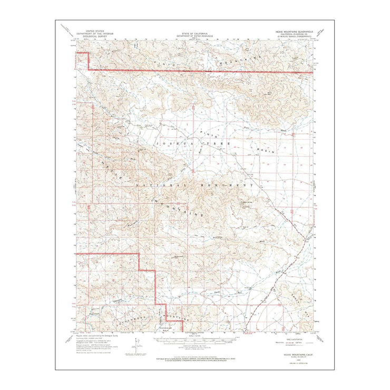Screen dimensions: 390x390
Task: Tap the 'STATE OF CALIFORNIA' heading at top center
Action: [194, 31]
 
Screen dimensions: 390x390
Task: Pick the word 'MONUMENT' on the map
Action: [234, 186]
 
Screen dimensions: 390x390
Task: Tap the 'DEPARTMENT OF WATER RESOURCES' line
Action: [194, 35]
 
